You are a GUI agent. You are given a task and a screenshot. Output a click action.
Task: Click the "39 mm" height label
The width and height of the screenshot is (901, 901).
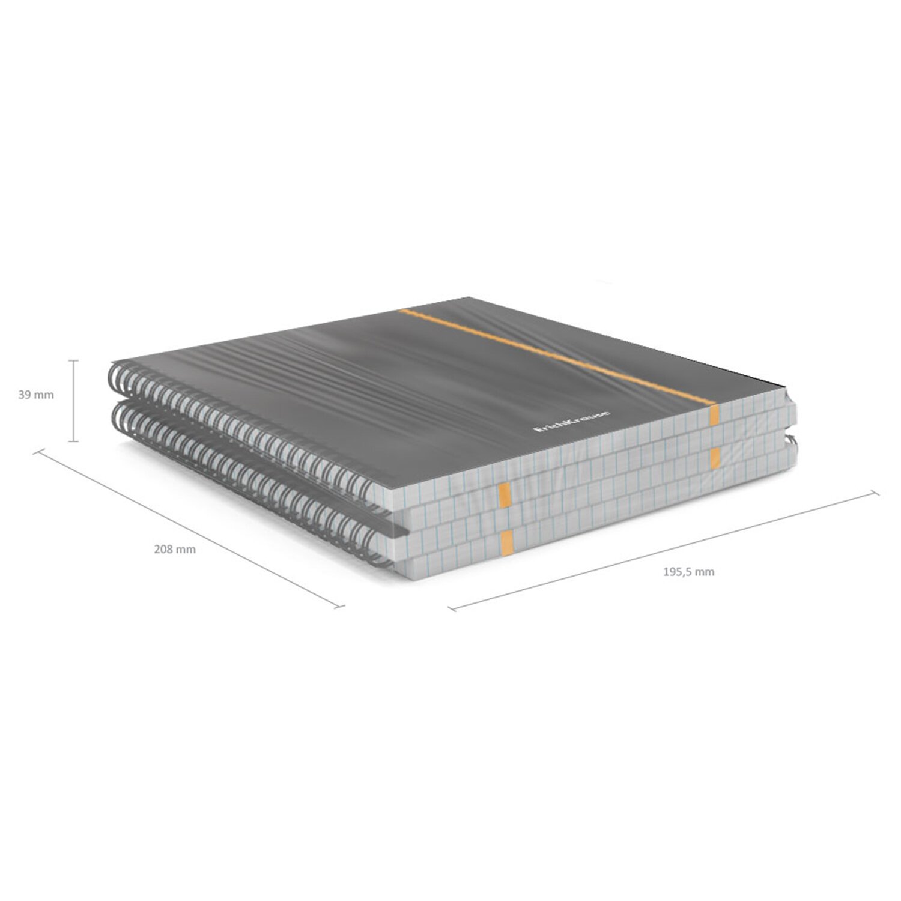[36, 395]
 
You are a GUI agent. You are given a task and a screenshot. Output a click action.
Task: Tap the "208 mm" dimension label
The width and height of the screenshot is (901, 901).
[175, 549]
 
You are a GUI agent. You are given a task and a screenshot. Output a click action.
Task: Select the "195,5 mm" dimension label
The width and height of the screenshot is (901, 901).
[688, 572]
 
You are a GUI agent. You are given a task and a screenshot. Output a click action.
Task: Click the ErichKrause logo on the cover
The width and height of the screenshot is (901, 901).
[572, 421]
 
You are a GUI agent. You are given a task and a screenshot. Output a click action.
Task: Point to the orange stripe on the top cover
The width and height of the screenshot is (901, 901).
[557, 357]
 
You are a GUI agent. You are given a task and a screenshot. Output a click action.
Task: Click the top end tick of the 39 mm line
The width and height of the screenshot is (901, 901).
[74, 360]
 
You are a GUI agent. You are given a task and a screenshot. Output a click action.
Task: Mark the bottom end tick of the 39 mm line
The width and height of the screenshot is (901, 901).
[74, 441]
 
